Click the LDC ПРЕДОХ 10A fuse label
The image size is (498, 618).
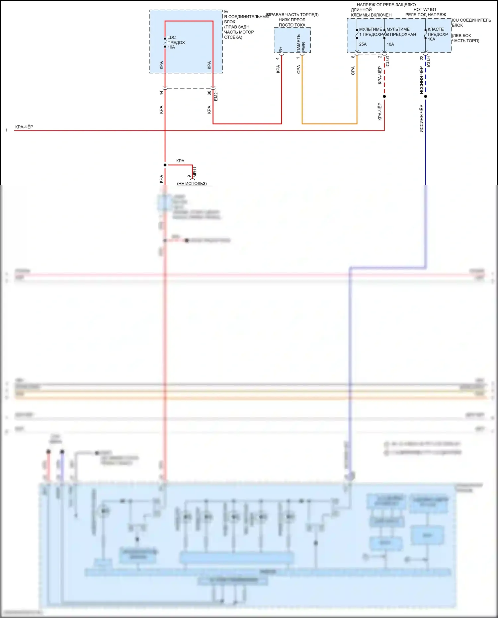[x=176, y=42]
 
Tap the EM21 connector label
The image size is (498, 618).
[x=216, y=95]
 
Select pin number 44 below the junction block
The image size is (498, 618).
[x=161, y=93]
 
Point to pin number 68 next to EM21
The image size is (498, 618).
[x=209, y=93]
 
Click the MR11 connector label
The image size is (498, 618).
[x=195, y=172]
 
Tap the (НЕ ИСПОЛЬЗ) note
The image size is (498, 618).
[x=192, y=183]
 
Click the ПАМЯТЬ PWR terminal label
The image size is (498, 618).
[x=301, y=43]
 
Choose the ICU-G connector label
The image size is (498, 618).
[x=387, y=61]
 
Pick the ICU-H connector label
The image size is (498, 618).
[x=429, y=61]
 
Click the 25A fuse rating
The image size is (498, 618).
[x=363, y=44]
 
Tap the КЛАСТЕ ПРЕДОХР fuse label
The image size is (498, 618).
[x=437, y=32]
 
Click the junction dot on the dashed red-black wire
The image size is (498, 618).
[x=384, y=96]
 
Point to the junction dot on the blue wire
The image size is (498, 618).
[x=426, y=96]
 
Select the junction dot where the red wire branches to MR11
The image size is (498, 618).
[x=165, y=165]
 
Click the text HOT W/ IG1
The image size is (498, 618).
[x=425, y=10]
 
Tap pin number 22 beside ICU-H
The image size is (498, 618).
[x=422, y=58]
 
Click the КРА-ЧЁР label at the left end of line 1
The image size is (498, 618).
[x=24, y=127]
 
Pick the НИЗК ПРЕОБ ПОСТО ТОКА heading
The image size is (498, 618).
[x=292, y=22]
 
